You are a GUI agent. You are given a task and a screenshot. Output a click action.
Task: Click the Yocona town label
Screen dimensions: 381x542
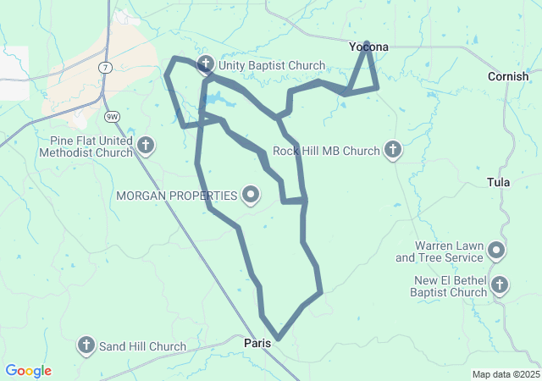click(x=369, y=47)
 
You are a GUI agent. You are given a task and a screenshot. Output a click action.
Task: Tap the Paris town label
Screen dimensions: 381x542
click(x=257, y=343)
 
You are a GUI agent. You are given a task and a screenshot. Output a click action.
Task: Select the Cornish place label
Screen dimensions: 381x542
click(x=508, y=76)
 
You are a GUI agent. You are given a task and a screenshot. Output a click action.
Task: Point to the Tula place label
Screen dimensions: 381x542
click(x=499, y=182)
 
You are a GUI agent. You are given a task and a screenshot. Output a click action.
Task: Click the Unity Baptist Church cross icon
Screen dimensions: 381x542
click(x=206, y=65)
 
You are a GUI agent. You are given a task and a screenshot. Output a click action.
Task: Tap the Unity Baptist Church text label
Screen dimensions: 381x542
click(x=272, y=65)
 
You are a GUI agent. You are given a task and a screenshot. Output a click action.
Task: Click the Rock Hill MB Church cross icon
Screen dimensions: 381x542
click(x=392, y=151)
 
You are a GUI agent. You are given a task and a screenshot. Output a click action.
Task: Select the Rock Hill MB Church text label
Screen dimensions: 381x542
click(x=326, y=152)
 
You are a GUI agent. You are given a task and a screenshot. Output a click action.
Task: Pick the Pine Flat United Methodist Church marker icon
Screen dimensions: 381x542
click(x=146, y=146)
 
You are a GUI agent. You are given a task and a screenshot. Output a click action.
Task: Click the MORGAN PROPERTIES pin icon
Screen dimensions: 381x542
click(x=251, y=196)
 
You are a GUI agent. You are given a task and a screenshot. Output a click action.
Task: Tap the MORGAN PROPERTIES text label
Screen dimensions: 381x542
click(x=177, y=196)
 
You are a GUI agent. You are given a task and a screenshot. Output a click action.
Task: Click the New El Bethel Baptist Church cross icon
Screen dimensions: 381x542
click(x=500, y=285)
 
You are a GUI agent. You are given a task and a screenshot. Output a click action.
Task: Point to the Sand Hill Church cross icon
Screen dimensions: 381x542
click(x=86, y=345)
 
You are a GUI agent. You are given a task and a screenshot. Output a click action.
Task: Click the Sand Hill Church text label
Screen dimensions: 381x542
click(x=142, y=346)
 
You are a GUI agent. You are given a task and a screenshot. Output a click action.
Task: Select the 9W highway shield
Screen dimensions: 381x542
click(x=112, y=116)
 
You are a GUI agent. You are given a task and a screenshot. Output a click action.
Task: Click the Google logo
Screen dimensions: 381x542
click(x=29, y=371)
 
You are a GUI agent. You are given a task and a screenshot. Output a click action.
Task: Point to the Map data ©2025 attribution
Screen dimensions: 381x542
click(x=505, y=374)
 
